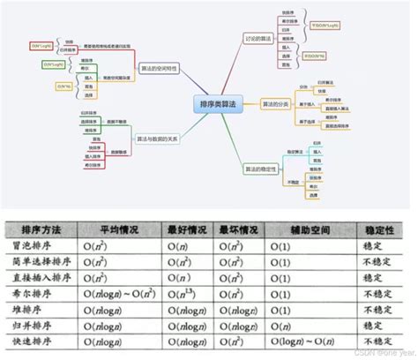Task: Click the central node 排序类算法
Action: click(x=209, y=103)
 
